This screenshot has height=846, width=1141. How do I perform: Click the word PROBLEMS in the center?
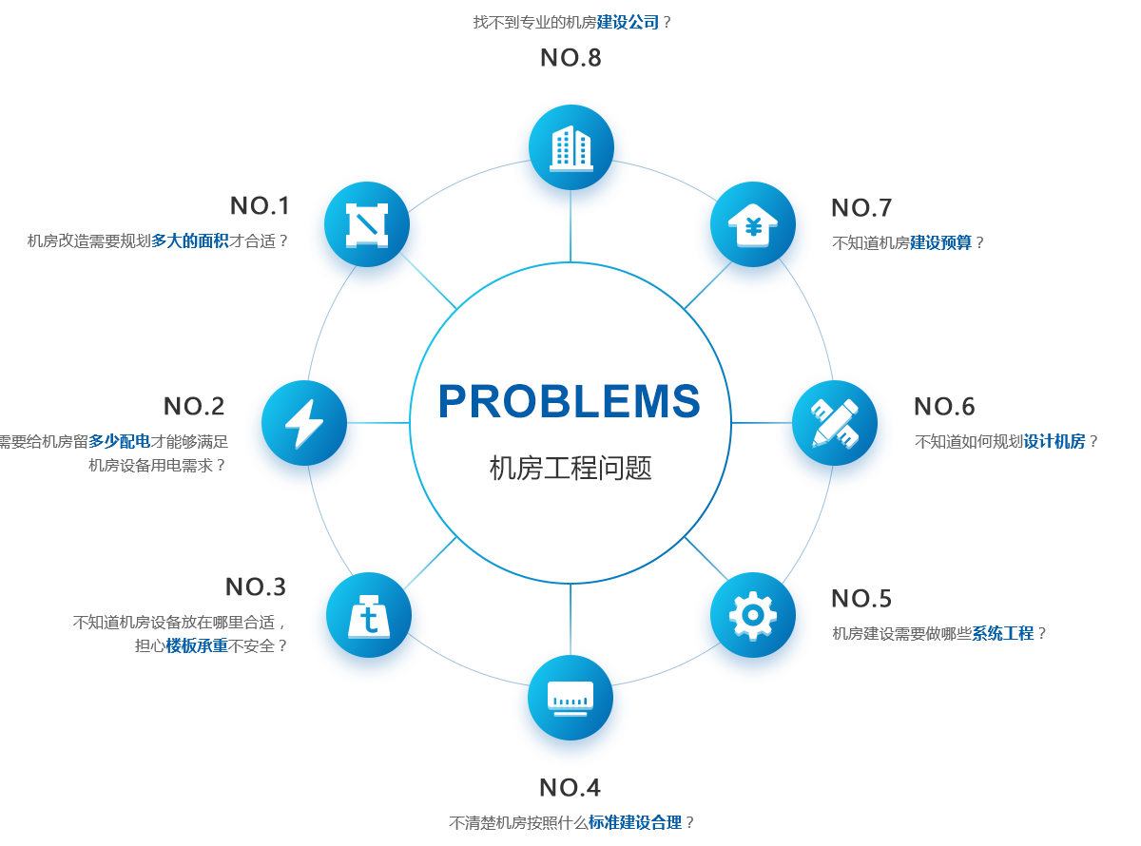pos(570,402)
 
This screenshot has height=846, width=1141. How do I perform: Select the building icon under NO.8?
pos(570,147)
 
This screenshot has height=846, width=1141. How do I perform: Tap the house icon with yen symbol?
pos(753,225)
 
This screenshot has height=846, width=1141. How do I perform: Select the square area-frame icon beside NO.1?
pos(367,224)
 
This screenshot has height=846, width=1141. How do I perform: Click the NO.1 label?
pos(260,206)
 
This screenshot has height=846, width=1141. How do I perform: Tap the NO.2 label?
pos(193,407)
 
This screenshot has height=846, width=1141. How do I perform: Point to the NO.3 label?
pos(255,587)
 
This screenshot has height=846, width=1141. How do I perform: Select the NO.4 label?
pos(570,788)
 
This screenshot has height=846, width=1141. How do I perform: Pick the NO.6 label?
pos(944,407)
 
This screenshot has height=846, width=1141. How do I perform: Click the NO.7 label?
pos(861,208)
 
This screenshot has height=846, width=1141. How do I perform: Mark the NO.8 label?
pos(570,58)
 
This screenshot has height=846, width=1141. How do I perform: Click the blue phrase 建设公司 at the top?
pos(629,22)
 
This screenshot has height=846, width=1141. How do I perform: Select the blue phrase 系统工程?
pos(1003,633)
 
